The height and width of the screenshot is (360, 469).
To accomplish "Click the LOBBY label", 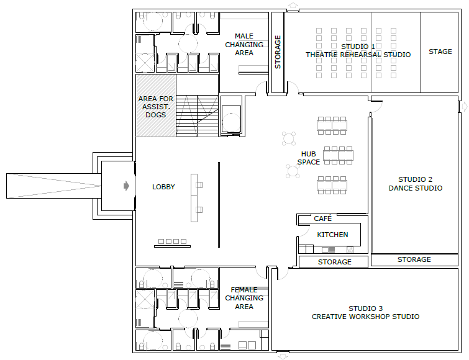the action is click(x=163, y=187).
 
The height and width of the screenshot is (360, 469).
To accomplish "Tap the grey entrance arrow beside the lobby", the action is click(x=127, y=186).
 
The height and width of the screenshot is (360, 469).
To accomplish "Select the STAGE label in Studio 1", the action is click(x=440, y=52).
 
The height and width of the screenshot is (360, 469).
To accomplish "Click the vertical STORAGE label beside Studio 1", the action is click(x=278, y=52).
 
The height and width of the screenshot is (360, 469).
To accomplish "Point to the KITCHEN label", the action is click(x=332, y=235).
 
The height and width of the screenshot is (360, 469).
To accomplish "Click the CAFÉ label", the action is click(x=323, y=218).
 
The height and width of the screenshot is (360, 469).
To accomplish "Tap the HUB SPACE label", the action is click(x=308, y=158).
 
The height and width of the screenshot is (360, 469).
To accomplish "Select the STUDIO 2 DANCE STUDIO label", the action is click(x=415, y=184).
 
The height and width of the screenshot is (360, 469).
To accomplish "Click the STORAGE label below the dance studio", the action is click(x=414, y=259).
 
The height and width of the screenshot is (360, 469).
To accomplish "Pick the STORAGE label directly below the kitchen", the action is click(x=334, y=262).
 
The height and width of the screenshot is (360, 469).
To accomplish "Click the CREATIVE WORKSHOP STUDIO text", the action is click(x=365, y=317).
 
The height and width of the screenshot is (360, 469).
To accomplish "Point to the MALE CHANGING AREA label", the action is click(x=244, y=45).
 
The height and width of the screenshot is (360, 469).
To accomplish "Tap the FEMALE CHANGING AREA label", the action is click(x=244, y=298).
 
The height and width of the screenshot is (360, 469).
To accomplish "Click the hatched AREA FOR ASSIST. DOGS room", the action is click(x=156, y=106).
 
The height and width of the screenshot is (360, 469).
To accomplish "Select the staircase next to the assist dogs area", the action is click(x=197, y=116).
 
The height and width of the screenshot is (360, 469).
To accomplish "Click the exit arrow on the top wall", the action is click(x=293, y=6).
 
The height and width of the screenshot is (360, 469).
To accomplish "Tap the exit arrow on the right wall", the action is click(x=464, y=106).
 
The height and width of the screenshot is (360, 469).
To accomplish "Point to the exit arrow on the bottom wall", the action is click(x=283, y=356).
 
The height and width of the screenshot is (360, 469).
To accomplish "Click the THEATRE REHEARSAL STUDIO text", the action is click(x=358, y=55).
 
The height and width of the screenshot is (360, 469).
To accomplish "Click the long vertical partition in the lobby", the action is click(x=219, y=205).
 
